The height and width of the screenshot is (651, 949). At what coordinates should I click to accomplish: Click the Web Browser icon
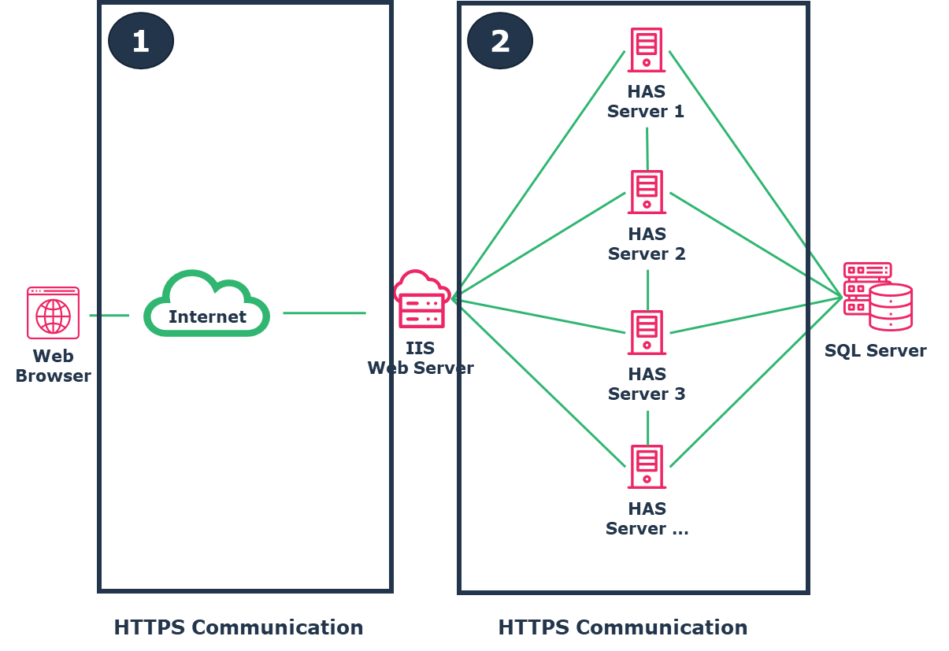pyautogui.click(x=53, y=313)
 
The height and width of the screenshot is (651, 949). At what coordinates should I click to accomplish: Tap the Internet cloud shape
pyautogui.click(x=207, y=305)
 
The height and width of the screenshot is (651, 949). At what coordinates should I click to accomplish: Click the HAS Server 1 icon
pyautogui.click(x=647, y=50)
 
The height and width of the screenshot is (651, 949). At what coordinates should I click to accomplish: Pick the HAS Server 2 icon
pyautogui.click(x=647, y=192)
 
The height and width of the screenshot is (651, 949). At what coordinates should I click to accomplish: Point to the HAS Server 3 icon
pyautogui.click(x=647, y=332)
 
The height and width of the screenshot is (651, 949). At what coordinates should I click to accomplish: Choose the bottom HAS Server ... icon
pyautogui.click(x=647, y=467)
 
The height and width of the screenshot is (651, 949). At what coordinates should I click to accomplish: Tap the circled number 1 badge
pyautogui.click(x=141, y=41)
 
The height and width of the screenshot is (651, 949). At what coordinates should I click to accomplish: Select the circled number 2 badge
pyautogui.click(x=500, y=41)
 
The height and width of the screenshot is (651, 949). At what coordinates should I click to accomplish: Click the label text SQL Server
pyautogui.click(x=875, y=351)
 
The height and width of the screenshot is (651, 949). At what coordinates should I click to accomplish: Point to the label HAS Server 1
pyautogui.click(x=646, y=102)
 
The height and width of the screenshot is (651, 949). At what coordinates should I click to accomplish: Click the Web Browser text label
pyautogui.click(x=53, y=366)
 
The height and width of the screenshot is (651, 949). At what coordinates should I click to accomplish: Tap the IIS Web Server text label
pyautogui.click(x=421, y=358)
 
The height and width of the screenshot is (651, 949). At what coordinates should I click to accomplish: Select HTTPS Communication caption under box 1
pyautogui.click(x=239, y=627)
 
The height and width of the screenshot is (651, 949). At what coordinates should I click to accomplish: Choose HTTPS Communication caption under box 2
pyautogui.click(x=623, y=627)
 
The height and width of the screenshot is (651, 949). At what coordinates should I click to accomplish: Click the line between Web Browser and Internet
pyautogui.click(x=109, y=316)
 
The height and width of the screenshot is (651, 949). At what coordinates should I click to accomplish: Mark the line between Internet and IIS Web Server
pyautogui.click(x=324, y=313)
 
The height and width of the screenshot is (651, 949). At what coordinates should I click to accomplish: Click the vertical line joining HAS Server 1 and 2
pyautogui.click(x=647, y=147)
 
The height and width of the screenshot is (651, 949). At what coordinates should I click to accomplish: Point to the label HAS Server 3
pyautogui.click(x=647, y=384)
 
